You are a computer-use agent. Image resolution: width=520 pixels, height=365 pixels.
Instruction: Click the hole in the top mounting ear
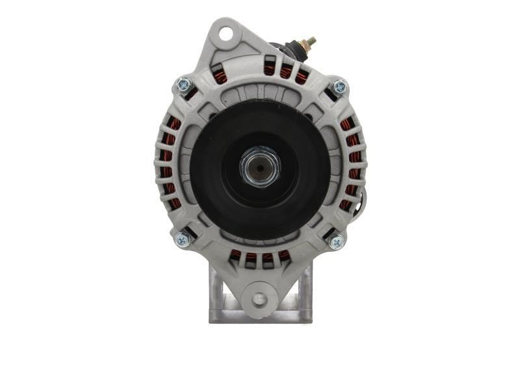[x=226, y=32]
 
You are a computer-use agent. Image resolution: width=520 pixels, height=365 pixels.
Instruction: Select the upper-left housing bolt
[x=184, y=84]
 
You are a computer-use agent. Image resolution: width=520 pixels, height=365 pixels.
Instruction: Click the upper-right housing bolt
[x=339, y=86]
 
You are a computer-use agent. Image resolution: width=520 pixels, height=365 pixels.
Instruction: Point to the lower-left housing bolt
[x=183, y=239]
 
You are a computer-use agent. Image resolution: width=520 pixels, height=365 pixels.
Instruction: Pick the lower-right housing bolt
[x=336, y=242]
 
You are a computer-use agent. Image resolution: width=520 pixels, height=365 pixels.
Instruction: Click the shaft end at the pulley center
[x=260, y=167]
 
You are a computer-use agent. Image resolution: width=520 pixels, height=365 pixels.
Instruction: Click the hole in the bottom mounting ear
[x=259, y=299]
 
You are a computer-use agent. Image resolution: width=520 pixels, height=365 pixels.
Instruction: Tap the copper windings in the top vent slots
[x=287, y=71]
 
